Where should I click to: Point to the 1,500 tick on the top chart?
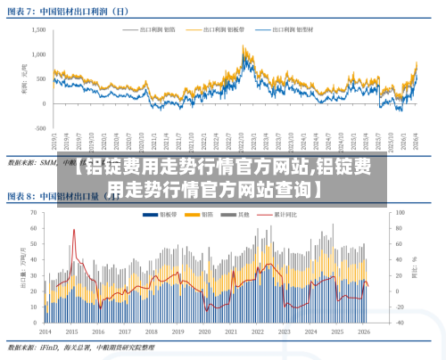coord(38,29)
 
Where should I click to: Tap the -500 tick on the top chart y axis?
coord(40,128)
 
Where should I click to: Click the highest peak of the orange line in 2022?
coord(244,48)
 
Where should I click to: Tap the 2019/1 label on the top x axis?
coord(54,143)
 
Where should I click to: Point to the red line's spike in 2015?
coord(73,231)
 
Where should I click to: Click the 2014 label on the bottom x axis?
coord(46,331)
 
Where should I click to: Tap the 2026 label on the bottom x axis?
coord(365,331)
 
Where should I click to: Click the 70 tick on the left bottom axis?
coord(34,213)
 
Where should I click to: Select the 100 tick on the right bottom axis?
coord(400,213)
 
